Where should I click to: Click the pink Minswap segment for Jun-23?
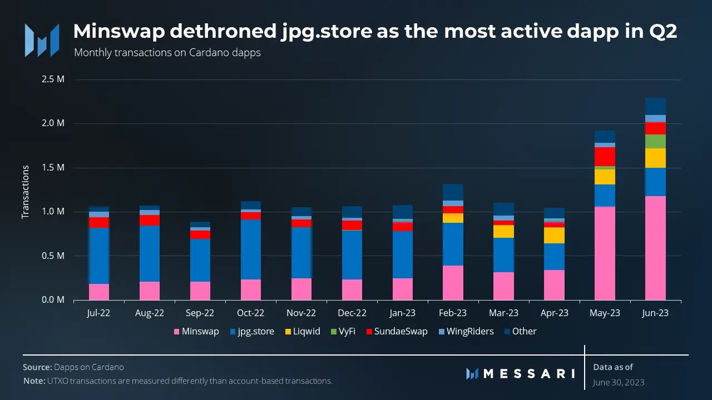pos(655,248)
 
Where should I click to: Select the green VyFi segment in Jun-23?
pos(655,141)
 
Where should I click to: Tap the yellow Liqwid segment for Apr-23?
pos(554,235)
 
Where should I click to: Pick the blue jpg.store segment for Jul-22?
pos(99,256)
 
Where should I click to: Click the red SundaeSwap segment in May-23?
pos(605,156)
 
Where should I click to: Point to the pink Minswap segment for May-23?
pos(605,253)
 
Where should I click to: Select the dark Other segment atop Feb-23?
pos(453,192)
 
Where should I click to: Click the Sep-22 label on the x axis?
pos(200,313)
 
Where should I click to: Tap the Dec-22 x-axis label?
pos(352,313)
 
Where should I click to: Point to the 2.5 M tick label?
pos(53,79)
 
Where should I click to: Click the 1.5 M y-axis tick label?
pos(53,168)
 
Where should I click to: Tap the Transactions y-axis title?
pos(26,191)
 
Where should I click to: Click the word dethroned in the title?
pos(222,32)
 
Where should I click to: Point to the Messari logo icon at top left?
pos(42,40)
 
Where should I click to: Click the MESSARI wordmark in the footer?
pos(528,373)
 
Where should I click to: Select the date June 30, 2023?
pos(619,382)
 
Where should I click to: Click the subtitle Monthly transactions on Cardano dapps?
pos(167,53)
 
